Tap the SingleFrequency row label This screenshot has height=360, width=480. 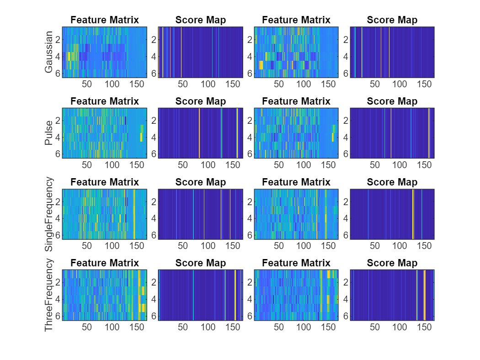(49, 214)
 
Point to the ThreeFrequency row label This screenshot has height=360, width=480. (49, 295)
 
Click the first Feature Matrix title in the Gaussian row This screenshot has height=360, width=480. (104, 20)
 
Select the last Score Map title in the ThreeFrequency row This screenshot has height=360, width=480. (392, 263)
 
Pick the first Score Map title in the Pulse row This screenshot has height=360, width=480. (200, 101)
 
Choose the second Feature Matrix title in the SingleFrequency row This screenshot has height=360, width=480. (296, 182)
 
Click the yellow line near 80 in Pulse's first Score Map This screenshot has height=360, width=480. (199, 133)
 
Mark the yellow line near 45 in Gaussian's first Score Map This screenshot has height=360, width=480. (181, 52)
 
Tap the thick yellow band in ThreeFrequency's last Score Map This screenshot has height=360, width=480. (425, 295)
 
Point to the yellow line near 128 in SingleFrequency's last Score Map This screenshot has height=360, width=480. (413, 214)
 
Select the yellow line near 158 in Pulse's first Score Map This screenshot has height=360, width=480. (237, 133)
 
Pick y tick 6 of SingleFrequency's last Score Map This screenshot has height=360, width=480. (346, 235)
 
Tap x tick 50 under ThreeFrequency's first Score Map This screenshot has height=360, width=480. (183, 327)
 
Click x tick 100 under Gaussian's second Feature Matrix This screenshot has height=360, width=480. (304, 84)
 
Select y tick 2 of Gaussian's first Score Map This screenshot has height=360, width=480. (154, 40)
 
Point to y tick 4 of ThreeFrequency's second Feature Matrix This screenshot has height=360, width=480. (250, 299)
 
